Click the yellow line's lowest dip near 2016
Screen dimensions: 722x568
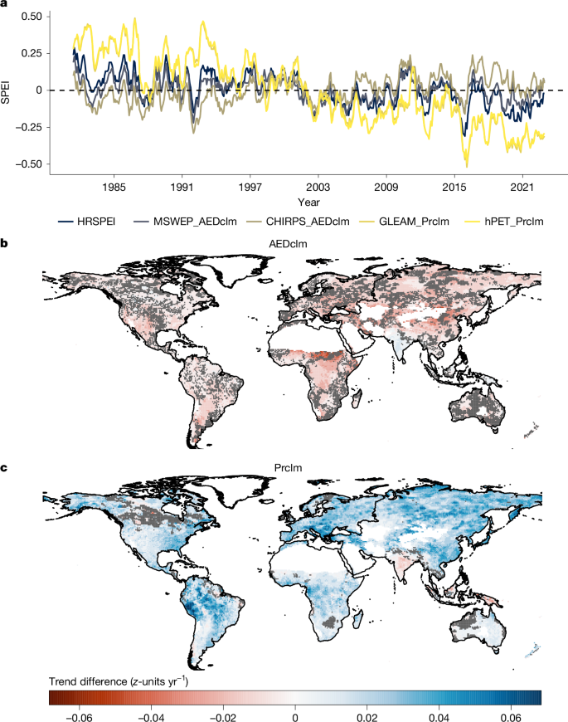pos(466,166)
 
